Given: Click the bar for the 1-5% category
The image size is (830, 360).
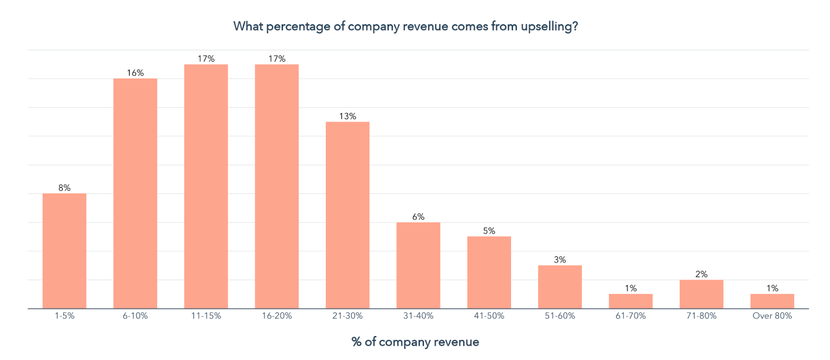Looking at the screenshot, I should pos(64,251).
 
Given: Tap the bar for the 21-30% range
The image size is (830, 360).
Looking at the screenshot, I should pos(348,215).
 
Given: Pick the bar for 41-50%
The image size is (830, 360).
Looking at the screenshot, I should pos(489,272).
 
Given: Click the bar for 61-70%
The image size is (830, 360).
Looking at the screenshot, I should pos(630,301).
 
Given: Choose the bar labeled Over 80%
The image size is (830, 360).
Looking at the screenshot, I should pos(772,301).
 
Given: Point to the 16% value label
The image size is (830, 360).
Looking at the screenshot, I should pos(135,73).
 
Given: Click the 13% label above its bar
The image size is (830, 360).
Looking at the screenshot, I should pos(348,116).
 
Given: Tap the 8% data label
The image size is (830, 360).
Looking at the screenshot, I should pos(64,188).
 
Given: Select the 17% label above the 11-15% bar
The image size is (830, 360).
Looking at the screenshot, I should pos(206,59).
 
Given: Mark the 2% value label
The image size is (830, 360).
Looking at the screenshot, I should pos(701,274).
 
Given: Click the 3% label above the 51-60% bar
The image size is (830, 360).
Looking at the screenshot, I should pos(560,259).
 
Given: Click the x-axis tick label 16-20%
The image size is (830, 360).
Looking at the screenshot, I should pos(276,316).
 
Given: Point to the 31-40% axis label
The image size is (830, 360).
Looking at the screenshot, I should pos(418,316).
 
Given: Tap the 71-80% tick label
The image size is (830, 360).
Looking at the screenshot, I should pos(701,316).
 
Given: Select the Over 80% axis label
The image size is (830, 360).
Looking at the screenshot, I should pos(772,316).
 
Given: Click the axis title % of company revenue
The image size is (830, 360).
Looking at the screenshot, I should pos(415,342).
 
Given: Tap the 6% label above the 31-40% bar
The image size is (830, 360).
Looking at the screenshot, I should pos(418,217).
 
